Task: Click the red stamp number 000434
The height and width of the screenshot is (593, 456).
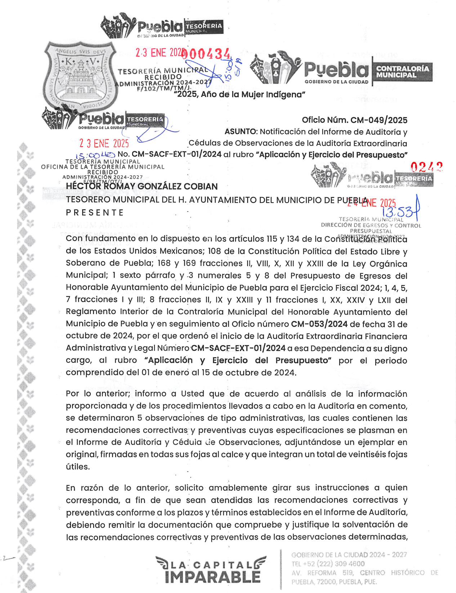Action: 206,54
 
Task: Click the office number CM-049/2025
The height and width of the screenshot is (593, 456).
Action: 379,120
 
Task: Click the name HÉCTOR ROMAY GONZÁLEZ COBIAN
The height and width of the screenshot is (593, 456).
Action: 142,187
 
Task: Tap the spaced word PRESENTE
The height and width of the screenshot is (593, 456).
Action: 94,213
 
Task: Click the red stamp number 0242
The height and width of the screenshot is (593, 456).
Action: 426,167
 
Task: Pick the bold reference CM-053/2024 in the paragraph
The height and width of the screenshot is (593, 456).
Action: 319,324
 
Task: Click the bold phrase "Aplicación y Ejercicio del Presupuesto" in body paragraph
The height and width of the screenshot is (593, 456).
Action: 238,361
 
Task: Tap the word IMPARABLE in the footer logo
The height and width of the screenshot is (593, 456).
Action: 213,576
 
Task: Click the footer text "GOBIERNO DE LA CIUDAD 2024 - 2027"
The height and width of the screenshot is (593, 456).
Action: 349,555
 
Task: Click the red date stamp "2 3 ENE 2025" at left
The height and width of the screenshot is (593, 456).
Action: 104,144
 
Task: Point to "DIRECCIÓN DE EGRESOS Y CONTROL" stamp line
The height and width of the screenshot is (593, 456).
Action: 371,226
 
